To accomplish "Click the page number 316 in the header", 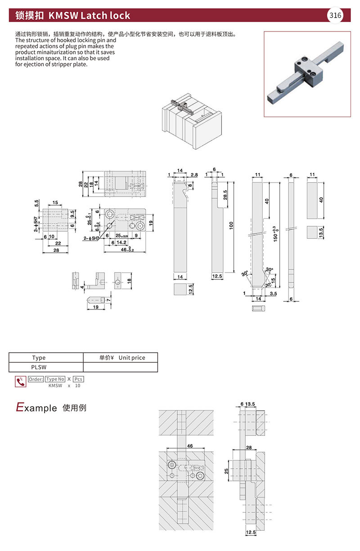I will point(335,15).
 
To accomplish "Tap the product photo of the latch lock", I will point(307,74).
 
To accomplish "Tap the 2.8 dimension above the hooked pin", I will point(194,175).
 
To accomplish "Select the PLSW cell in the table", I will point(39,367).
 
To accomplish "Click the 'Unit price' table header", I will point(131,358).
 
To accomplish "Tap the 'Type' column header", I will point(39,358).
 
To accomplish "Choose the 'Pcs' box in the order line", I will point(78,379).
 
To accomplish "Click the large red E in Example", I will point(19,408).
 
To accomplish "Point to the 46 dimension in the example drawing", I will point(189,445).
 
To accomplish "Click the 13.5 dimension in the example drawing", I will point(251,405).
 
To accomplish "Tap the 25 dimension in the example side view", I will point(227,471).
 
